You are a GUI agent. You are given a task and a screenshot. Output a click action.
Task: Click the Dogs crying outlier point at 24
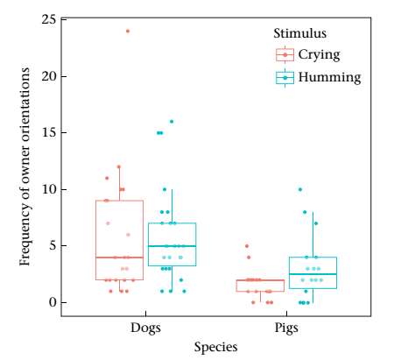[128, 32]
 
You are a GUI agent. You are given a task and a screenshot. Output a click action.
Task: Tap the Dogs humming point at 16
[172, 122]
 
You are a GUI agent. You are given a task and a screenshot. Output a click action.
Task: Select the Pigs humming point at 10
[300, 189]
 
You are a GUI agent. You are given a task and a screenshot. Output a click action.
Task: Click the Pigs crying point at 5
[247, 246]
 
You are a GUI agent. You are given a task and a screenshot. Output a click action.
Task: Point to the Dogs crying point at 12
[119, 167]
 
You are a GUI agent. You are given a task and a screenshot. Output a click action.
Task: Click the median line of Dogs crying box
[119, 258]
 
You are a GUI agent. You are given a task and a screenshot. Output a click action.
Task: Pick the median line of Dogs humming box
[172, 246]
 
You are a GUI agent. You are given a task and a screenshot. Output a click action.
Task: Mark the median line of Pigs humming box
[313, 274]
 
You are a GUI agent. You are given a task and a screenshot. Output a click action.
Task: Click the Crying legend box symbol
[285, 54]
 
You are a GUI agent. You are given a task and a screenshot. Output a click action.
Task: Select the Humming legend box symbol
[285, 78]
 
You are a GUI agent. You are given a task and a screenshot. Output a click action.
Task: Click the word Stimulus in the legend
[299, 33]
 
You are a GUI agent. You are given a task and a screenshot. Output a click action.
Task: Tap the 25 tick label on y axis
[50, 20]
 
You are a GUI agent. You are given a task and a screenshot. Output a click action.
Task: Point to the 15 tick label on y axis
[50, 133]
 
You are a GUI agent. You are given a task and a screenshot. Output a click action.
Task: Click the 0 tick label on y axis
[53, 302]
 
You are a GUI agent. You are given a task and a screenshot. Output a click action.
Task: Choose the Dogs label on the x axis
[145, 328]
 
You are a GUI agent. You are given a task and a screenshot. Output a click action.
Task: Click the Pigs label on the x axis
[286, 328]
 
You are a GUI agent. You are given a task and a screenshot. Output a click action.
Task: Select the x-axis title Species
[215, 348]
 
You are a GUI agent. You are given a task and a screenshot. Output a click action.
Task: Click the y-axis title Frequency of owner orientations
[25, 166]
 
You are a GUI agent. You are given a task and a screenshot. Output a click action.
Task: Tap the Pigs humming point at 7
[316, 223]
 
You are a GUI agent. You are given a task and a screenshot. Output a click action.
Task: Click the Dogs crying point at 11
[107, 178]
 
